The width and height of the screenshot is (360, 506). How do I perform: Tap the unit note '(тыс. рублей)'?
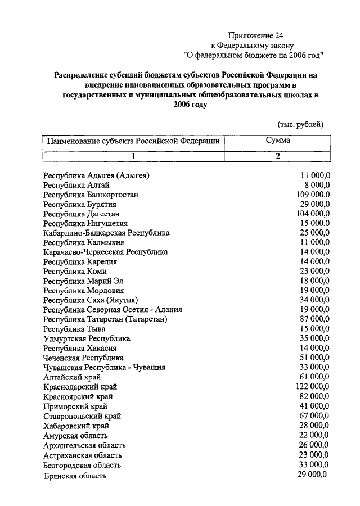pyautogui.click(x=300, y=124)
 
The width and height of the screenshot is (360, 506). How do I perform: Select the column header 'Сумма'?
pyautogui.click(x=278, y=141)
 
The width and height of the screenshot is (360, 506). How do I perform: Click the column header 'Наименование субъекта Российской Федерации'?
pyautogui.click(x=133, y=141)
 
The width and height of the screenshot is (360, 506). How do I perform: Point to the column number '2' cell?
pyautogui.click(x=278, y=156)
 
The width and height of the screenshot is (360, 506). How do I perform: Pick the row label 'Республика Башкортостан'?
pyautogui.click(x=91, y=195)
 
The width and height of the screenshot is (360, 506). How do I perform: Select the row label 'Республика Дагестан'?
pyautogui.click(x=82, y=214)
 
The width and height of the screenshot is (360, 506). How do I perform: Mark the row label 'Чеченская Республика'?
pyautogui.click(x=83, y=358)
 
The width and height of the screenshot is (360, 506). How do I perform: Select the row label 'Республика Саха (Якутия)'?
pyautogui.click(x=91, y=300)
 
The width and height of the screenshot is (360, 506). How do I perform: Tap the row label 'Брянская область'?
pyautogui.click(x=75, y=476)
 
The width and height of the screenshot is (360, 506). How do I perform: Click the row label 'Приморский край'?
pyautogui.click(x=75, y=406)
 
